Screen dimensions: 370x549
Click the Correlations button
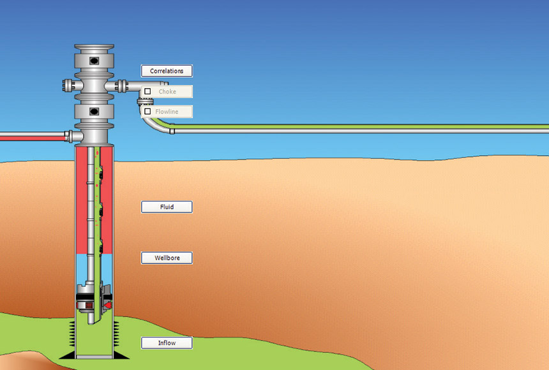[167, 71]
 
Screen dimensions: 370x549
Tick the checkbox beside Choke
[147, 91]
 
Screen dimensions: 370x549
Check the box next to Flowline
[147, 112]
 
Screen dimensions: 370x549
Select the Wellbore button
[167, 258]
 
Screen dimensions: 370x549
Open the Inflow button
[167, 343]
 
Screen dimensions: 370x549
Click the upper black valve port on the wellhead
[94, 61]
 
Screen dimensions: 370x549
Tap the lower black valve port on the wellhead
[94, 112]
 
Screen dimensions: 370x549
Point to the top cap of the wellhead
[94, 48]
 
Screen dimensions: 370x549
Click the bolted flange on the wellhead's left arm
[68, 85]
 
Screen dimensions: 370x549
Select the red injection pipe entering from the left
[32, 135]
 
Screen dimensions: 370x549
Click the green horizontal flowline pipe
[357, 128]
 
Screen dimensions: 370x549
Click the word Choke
[167, 91]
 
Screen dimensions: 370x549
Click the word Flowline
[167, 112]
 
